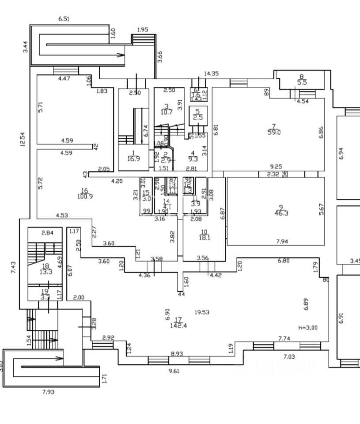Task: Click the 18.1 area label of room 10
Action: [x=204, y=238]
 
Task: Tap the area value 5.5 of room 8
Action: [x=302, y=82]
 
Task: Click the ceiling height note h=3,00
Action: [x=307, y=327]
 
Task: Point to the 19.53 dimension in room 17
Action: [x=202, y=312]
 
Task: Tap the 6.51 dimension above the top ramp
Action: [x=64, y=19]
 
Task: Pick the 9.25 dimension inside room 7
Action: [x=277, y=167]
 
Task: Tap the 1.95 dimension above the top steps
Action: [x=142, y=30]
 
